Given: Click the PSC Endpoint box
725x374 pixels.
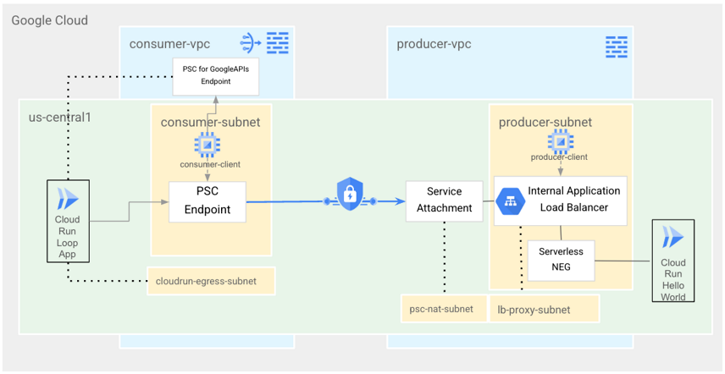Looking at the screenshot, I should click(x=208, y=201).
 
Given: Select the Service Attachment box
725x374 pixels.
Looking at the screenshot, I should click(x=444, y=201).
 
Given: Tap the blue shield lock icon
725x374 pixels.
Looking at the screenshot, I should click(x=350, y=195).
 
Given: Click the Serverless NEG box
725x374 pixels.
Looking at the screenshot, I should click(x=561, y=261).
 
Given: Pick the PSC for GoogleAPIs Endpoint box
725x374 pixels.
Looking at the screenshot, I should click(x=215, y=76).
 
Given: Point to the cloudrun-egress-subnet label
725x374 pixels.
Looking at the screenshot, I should click(x=212, y=281).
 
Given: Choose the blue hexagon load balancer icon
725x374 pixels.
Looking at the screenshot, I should click(x=511, y=201).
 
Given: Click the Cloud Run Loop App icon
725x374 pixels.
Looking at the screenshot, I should click(x=67, y=200).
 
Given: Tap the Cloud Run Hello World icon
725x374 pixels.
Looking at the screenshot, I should click(x=673, y=237).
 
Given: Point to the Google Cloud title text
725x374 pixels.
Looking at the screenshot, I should click(x=49, y=19).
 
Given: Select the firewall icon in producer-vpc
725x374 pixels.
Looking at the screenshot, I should click(x=617, y=46).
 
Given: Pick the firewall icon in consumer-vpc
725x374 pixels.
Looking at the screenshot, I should click(x=278, y=42).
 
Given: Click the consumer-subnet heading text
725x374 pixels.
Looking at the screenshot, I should click(x=210, y=122).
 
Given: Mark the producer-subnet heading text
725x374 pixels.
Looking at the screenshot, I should click(x=545, y=122).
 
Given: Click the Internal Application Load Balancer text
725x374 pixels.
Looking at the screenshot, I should click(x=573, y=199).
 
